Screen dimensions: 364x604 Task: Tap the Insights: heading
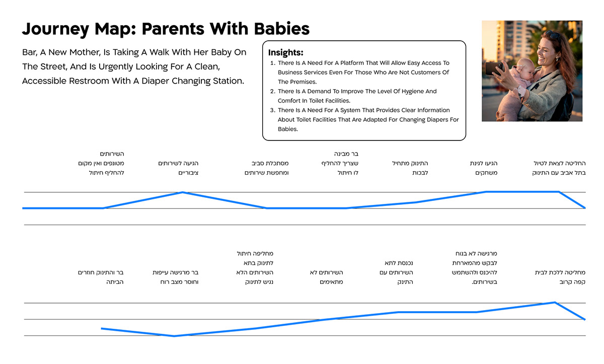[285, 53]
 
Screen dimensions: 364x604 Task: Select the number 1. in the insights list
[272, 63]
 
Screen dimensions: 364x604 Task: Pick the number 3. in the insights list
[272, 110]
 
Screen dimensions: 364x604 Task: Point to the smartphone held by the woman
[494, 68]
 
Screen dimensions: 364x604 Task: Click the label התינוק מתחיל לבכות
[410, 168]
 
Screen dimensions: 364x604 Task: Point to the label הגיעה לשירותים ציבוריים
[178, 168]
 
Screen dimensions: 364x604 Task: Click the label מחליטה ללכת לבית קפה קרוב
[560, 277]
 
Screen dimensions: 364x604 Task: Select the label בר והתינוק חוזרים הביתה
[101, 277]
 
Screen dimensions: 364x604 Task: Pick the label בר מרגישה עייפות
[176, 272]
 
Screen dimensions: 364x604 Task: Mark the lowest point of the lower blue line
[174, 336]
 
